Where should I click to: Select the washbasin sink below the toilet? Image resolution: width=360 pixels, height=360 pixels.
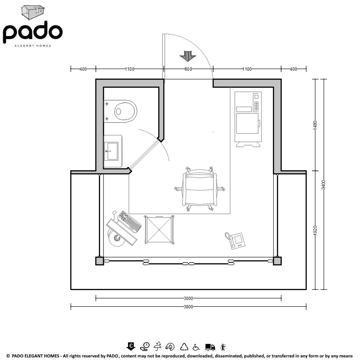click(x=113, y=151)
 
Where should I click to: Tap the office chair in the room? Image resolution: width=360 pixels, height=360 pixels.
click(x=200, y=189)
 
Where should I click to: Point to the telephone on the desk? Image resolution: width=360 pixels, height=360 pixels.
click(x=235, y=240)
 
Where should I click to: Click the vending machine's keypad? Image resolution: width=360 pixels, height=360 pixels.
click(x=256, y=106)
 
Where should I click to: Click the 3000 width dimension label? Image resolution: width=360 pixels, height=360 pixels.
click(x=188, y=298)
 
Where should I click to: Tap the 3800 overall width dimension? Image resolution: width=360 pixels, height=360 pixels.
click(x=188, y=307)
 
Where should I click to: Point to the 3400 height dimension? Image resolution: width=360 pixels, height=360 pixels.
click(x=323, y=185)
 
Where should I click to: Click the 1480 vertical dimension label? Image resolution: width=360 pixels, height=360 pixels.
click(x=315, y=125)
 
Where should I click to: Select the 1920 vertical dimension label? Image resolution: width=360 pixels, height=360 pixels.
click(x=315, y=230)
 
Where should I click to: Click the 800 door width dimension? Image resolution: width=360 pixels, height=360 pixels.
click(x=188, y=69)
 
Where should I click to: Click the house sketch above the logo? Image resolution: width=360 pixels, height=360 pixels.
click(x=33, y=12)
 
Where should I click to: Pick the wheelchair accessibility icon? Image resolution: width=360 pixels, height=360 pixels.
click(x=196, y=347)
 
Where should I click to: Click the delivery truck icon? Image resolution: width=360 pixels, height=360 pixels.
click(x=210, y=347)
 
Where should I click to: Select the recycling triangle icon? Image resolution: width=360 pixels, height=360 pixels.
click(x=184, y=347)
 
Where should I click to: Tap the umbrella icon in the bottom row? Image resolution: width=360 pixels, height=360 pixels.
click(x=157, y=347)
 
